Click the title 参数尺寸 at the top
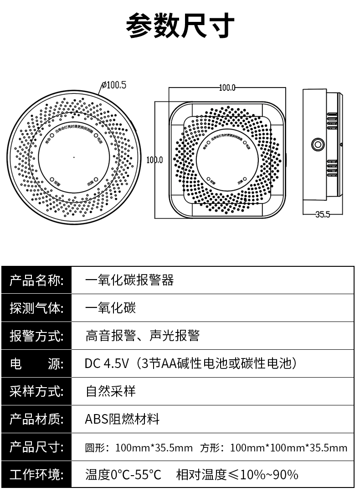[180, 25]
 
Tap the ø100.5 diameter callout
[114, 84]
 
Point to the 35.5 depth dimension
[322, 214]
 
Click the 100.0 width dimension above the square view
[227, 88]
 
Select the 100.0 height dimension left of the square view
[154, 160]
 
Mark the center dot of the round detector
[74, 158]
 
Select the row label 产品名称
[36, 280]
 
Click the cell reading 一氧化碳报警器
[129, 280]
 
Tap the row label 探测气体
[36, 308]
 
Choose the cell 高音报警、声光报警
[142, 336]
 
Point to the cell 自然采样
[110, 391]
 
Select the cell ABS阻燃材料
[122, 419]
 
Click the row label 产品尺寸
[36, 447]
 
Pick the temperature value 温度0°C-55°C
[123, 475]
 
